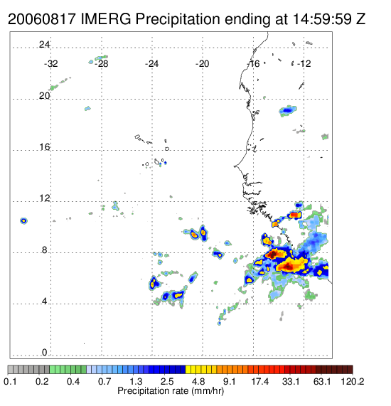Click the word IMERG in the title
pyautogui.click(x=106, y=19)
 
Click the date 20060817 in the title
pyautogui.click(x=42, y=19)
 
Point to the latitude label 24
pyautogui.click(x=44, y=45)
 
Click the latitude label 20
pyautogui.click(x=44, y=96)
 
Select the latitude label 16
pyautogui.click(x=44, y=147)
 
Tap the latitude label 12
pyautogui.click(x=44, y=198)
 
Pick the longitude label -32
pyautogui.click(x=50, y=64)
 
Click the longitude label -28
pyautogui.click(x=101, y=64)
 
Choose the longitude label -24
pyautogui.click(x=151, y=64)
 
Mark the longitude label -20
pyautogui.click(x=202, y=64)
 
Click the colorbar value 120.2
pyautogui.click(x=353, y=381)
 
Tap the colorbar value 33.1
pyautogui.click(x=291, y=381)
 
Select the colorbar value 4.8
pyautogui.click(x=198, y=381)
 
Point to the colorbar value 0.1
pyautogui.click(x=10, y=381)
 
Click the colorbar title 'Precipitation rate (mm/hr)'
pyautogui.click(x=171, y=391)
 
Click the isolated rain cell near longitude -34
pyautogui.click(x=23, y=220)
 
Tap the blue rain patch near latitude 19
pyautogui.click(x=288, y=111)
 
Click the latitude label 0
pyautogui.click(x=45, y=353)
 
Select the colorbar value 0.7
pyautogui.click(x=105, y=381)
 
